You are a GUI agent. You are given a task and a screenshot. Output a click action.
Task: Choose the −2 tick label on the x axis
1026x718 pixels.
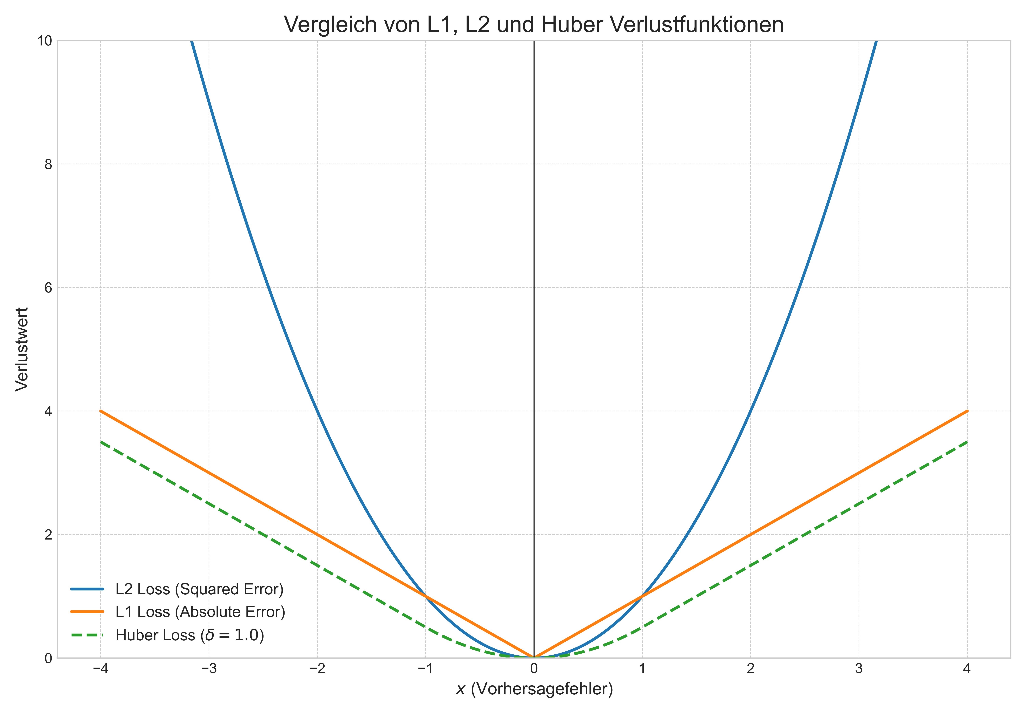317,669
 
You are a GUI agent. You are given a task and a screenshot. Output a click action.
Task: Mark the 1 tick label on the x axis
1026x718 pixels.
642,669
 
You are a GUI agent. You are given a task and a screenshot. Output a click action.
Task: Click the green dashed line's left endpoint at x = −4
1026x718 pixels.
101,442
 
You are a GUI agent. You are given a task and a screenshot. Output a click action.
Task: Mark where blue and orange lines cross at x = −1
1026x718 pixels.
425,596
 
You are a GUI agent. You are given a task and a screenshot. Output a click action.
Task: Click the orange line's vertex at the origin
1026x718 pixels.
534,657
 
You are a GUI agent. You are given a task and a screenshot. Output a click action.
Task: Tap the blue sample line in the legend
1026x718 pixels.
87,589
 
